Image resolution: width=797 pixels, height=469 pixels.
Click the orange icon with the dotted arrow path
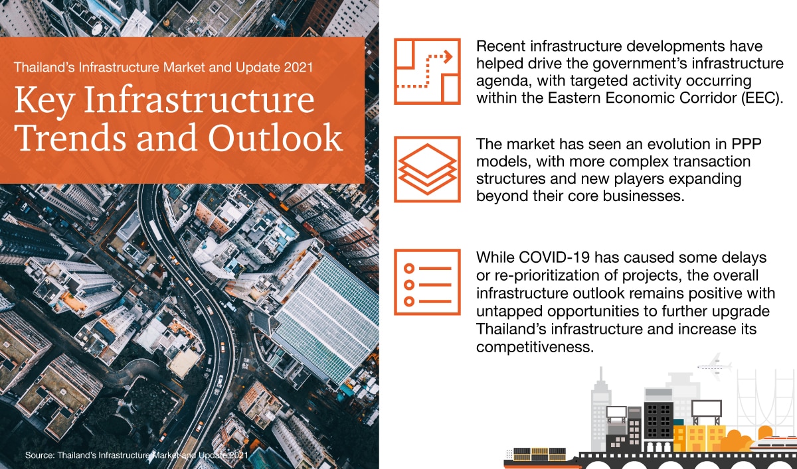tap(426, 71)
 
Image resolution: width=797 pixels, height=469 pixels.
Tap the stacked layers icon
tap(426, 169)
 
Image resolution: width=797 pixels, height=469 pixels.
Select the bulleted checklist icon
tap(426, 282)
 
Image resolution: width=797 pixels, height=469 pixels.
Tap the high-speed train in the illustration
tap(770, 445)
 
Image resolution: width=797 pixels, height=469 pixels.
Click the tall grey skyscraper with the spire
tap(600, 405)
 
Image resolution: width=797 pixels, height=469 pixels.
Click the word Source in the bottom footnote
tap(39, 456)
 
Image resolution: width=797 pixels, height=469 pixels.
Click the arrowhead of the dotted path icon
tap(448, 57)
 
